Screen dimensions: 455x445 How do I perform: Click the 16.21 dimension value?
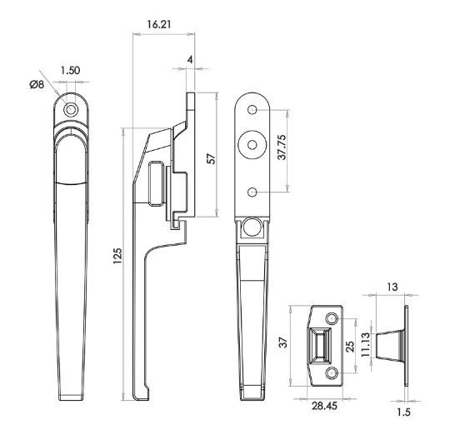click(158, 24)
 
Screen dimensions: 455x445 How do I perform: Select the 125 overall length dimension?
click(117, 256)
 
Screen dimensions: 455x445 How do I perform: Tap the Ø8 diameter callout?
click(37, 84)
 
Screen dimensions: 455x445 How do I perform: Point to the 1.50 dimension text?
click(70, 71)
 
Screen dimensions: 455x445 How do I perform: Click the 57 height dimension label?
click(212, 158)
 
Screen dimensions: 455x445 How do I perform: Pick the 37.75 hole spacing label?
click(282, 147)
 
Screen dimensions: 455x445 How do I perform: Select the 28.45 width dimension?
click(324, 406)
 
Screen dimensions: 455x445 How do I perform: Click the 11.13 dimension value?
click(366, 345)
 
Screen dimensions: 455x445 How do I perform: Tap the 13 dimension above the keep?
click(392, 287)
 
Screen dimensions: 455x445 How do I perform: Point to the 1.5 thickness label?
click(403, 412)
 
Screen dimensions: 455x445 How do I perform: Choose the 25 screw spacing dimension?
click(350, 346)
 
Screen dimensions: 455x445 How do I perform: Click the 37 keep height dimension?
click(283, 342)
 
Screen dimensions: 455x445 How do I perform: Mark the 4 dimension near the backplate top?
click(190, 60)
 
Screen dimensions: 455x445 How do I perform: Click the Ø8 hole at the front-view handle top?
click(71, 110)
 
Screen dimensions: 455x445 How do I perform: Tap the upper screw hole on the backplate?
click(252, 109)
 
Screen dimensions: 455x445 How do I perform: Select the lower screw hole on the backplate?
click(252, 192)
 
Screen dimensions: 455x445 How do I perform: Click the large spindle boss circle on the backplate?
click(252, 144)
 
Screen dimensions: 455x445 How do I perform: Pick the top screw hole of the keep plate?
click(332, 319)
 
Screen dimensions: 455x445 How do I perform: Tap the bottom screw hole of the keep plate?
click(332, 373)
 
